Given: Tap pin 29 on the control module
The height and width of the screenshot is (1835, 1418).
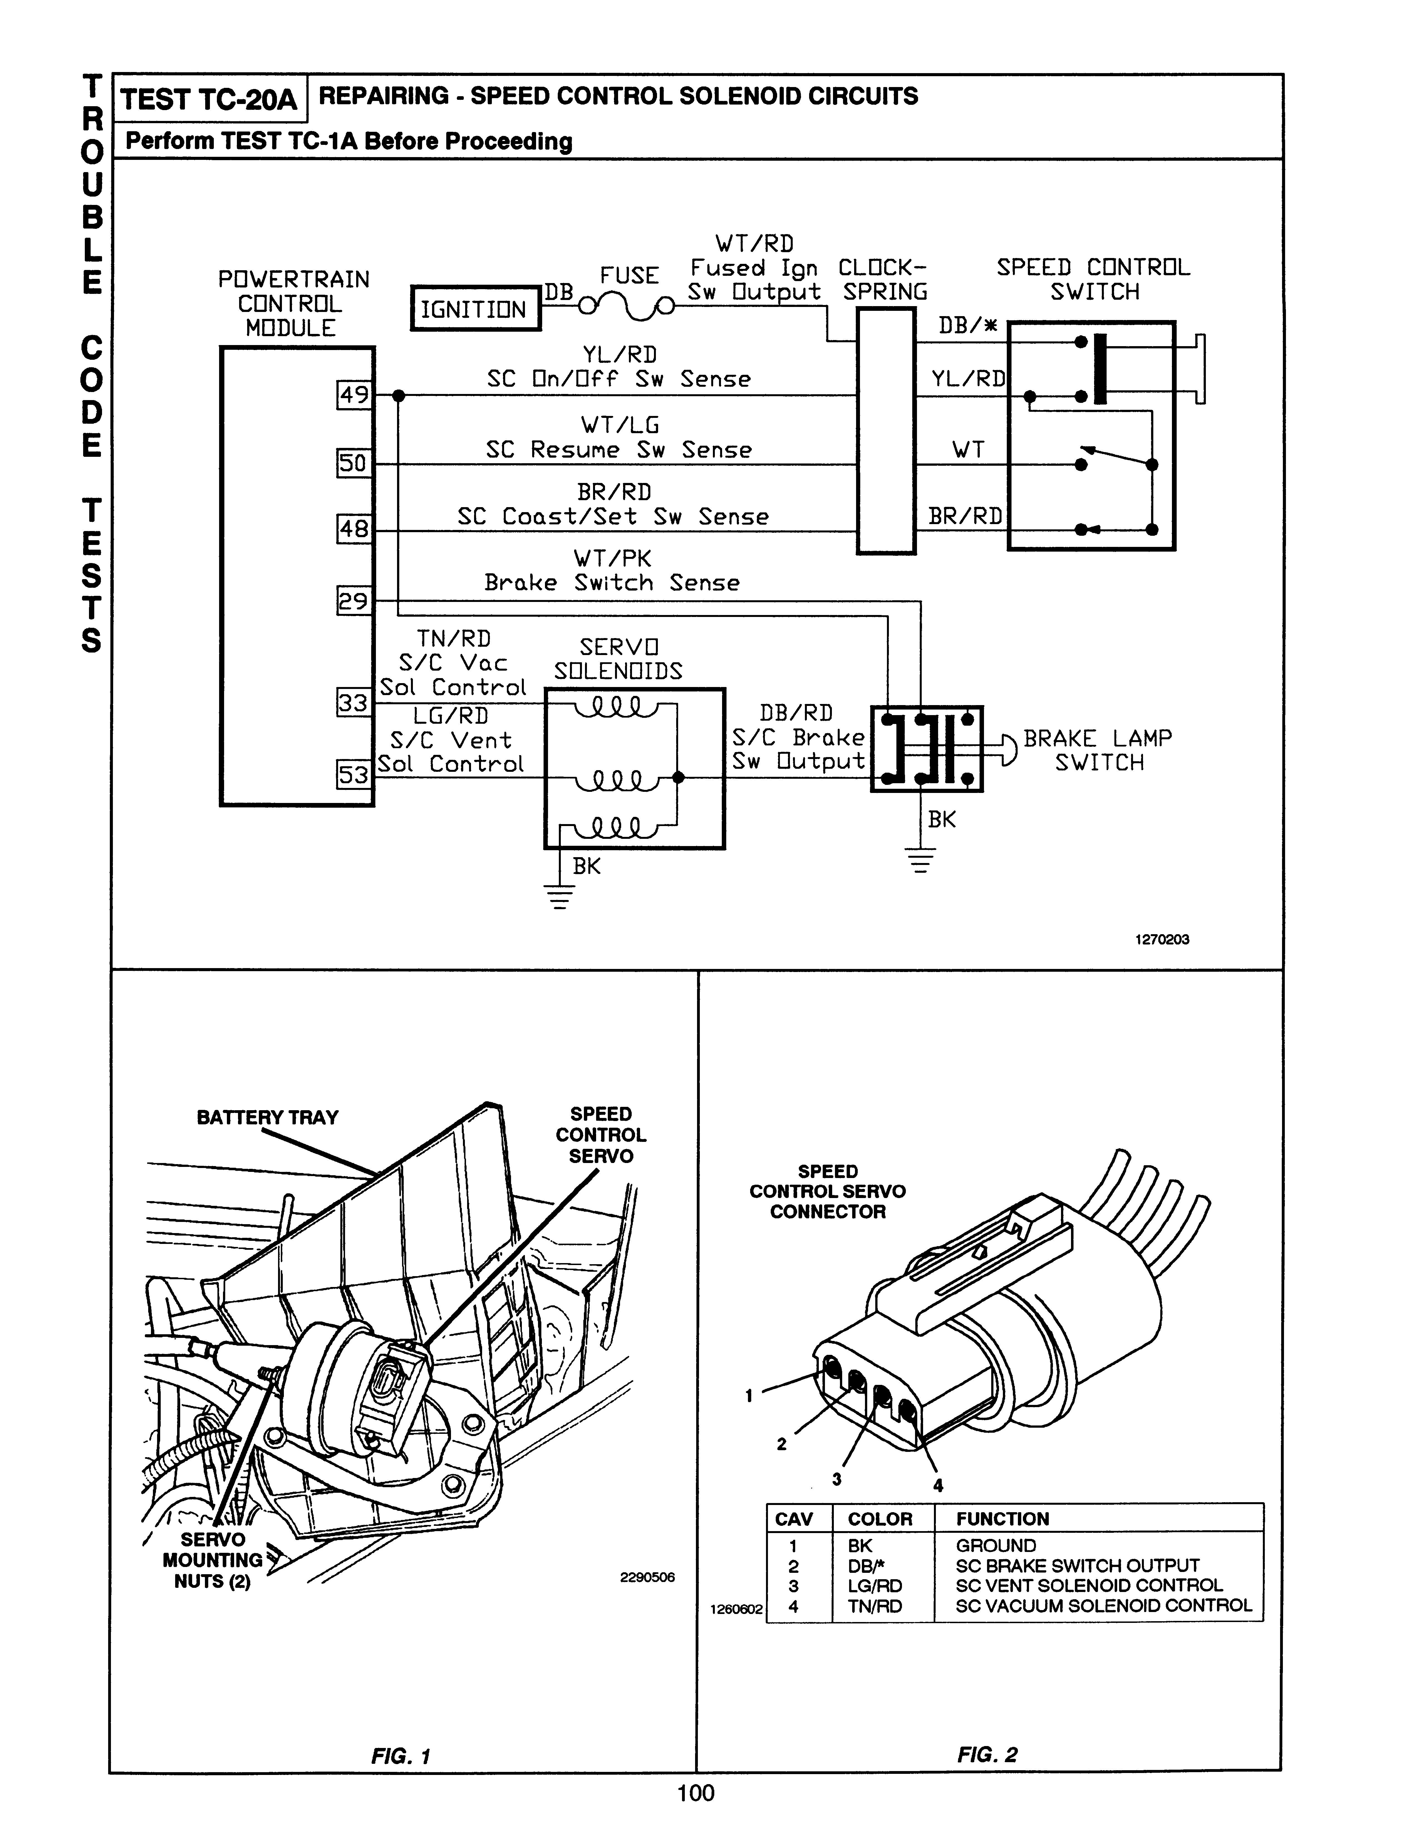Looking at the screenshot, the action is [354, 601].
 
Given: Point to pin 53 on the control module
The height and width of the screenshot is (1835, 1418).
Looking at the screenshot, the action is [354, 774].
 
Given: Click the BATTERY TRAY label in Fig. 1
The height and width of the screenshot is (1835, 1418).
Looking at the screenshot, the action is [267, 1117].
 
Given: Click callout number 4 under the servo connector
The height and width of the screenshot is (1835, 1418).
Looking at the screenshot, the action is [938, 1486].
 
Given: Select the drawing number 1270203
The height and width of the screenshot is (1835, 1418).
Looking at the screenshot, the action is [1162, 939].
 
